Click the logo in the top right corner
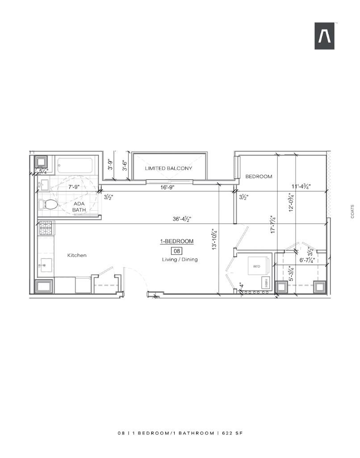(x=324, y=36)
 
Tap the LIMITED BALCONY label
(x=168, y=168)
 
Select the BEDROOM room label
(x=259, y=176)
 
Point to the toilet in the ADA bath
(x=48, y=204)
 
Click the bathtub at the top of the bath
(x=75, y=166)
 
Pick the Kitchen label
(x=77, y=255)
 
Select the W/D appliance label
(x=256, y=266)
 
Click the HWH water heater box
(x=266, y=282)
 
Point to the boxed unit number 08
(x=177, y=251)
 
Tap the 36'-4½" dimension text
(x=182, y=219)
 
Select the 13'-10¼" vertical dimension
(x=215, y=239)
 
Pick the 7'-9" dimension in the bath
(x=74, y=187)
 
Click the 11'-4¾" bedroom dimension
(x=301, y=187)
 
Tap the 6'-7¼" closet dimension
(x=307, y=260)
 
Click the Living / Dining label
(x=180, y=259)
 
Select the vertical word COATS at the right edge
(x=352, y=212)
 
